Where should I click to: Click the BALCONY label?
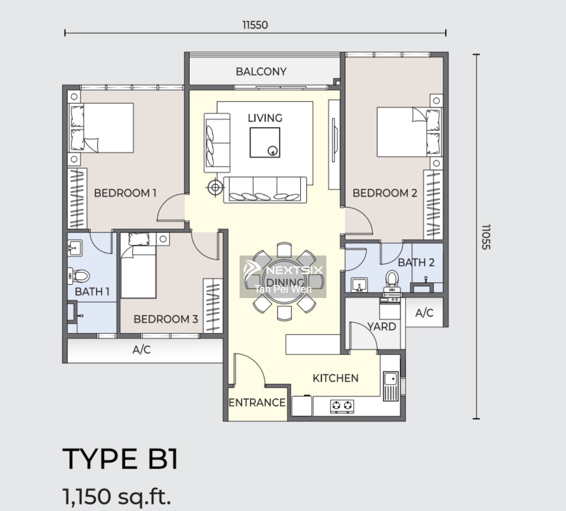point(261,72)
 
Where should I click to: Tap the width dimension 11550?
point(255,25)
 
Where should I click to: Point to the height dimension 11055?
point(486,237)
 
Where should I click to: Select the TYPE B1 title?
point(120,459)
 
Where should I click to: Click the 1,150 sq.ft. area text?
point(117,496)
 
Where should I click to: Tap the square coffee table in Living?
point(265,143)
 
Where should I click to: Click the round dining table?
point(284,281)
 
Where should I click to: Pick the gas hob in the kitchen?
point(342,407)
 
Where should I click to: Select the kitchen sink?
point(391,386)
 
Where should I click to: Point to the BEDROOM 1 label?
point(125,193)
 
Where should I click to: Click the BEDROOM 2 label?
point(385,193)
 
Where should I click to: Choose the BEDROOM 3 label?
point(166,319)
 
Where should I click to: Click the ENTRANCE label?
point(257,403)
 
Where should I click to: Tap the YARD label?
point(382,327)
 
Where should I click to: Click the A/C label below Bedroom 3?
point(141,350)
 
